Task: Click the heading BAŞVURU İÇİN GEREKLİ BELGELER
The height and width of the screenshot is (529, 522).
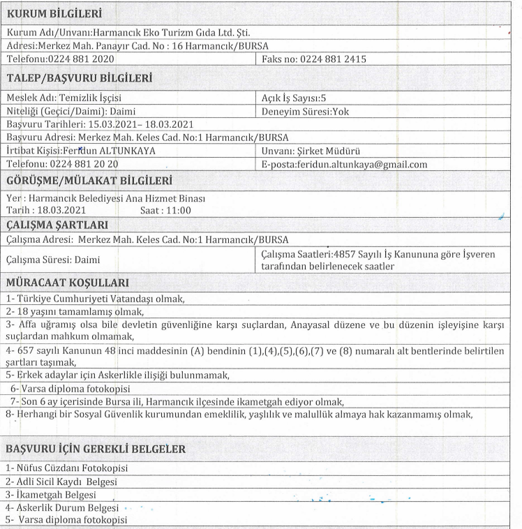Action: (96, 450)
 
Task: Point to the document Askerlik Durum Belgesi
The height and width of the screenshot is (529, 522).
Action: (64, 507)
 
